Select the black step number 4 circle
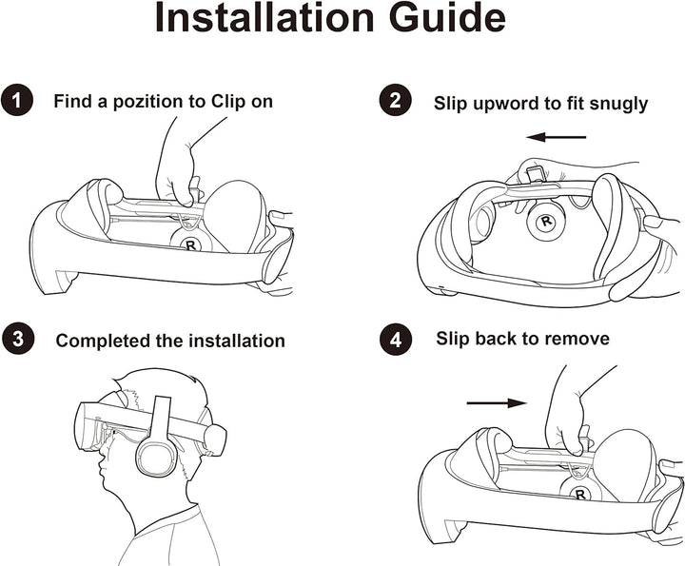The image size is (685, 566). tap(395, 339)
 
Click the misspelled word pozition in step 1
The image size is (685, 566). tap(139, 101)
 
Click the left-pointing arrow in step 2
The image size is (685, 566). tap(557, 137)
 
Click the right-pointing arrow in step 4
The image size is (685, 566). tap(496, 402)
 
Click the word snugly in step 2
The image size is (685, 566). tap(618, 103)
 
